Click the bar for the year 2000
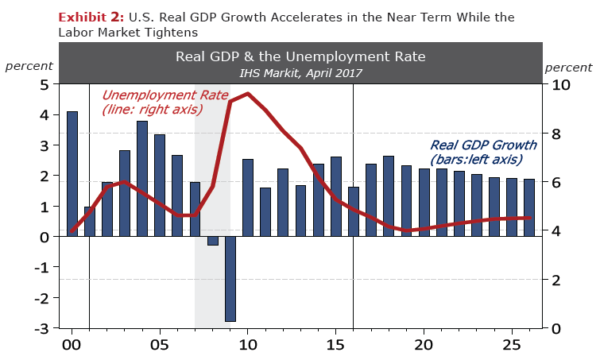[x=72, y=174]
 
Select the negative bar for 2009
[x=230, y=279]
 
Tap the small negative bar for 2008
[x=212, y=241]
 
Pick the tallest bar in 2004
[x=142, y=179]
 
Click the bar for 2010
[x=247, y=198]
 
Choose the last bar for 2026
[x=528, y=207]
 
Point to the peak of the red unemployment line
[x=247, y=94]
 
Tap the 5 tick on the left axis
[x=45, y=84]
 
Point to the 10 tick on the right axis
[x=561, y=84]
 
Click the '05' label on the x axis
[x=160, y=346]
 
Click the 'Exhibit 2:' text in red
[x=91, y=17]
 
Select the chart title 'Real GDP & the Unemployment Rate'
[x=300, y=56]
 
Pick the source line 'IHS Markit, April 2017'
[x=300, y=72]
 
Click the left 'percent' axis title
[x=29, y=66]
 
